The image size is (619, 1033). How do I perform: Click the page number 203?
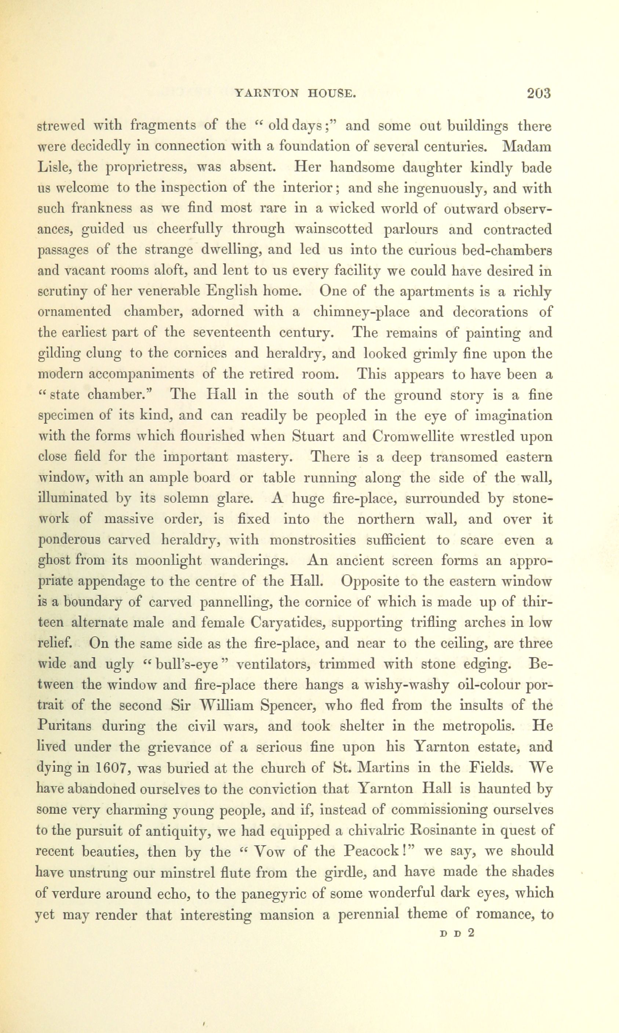(539, 92)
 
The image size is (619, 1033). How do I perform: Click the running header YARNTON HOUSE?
(295, 94)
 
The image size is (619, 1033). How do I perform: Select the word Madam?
(527, 147)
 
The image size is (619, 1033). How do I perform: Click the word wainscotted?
(333, 229)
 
